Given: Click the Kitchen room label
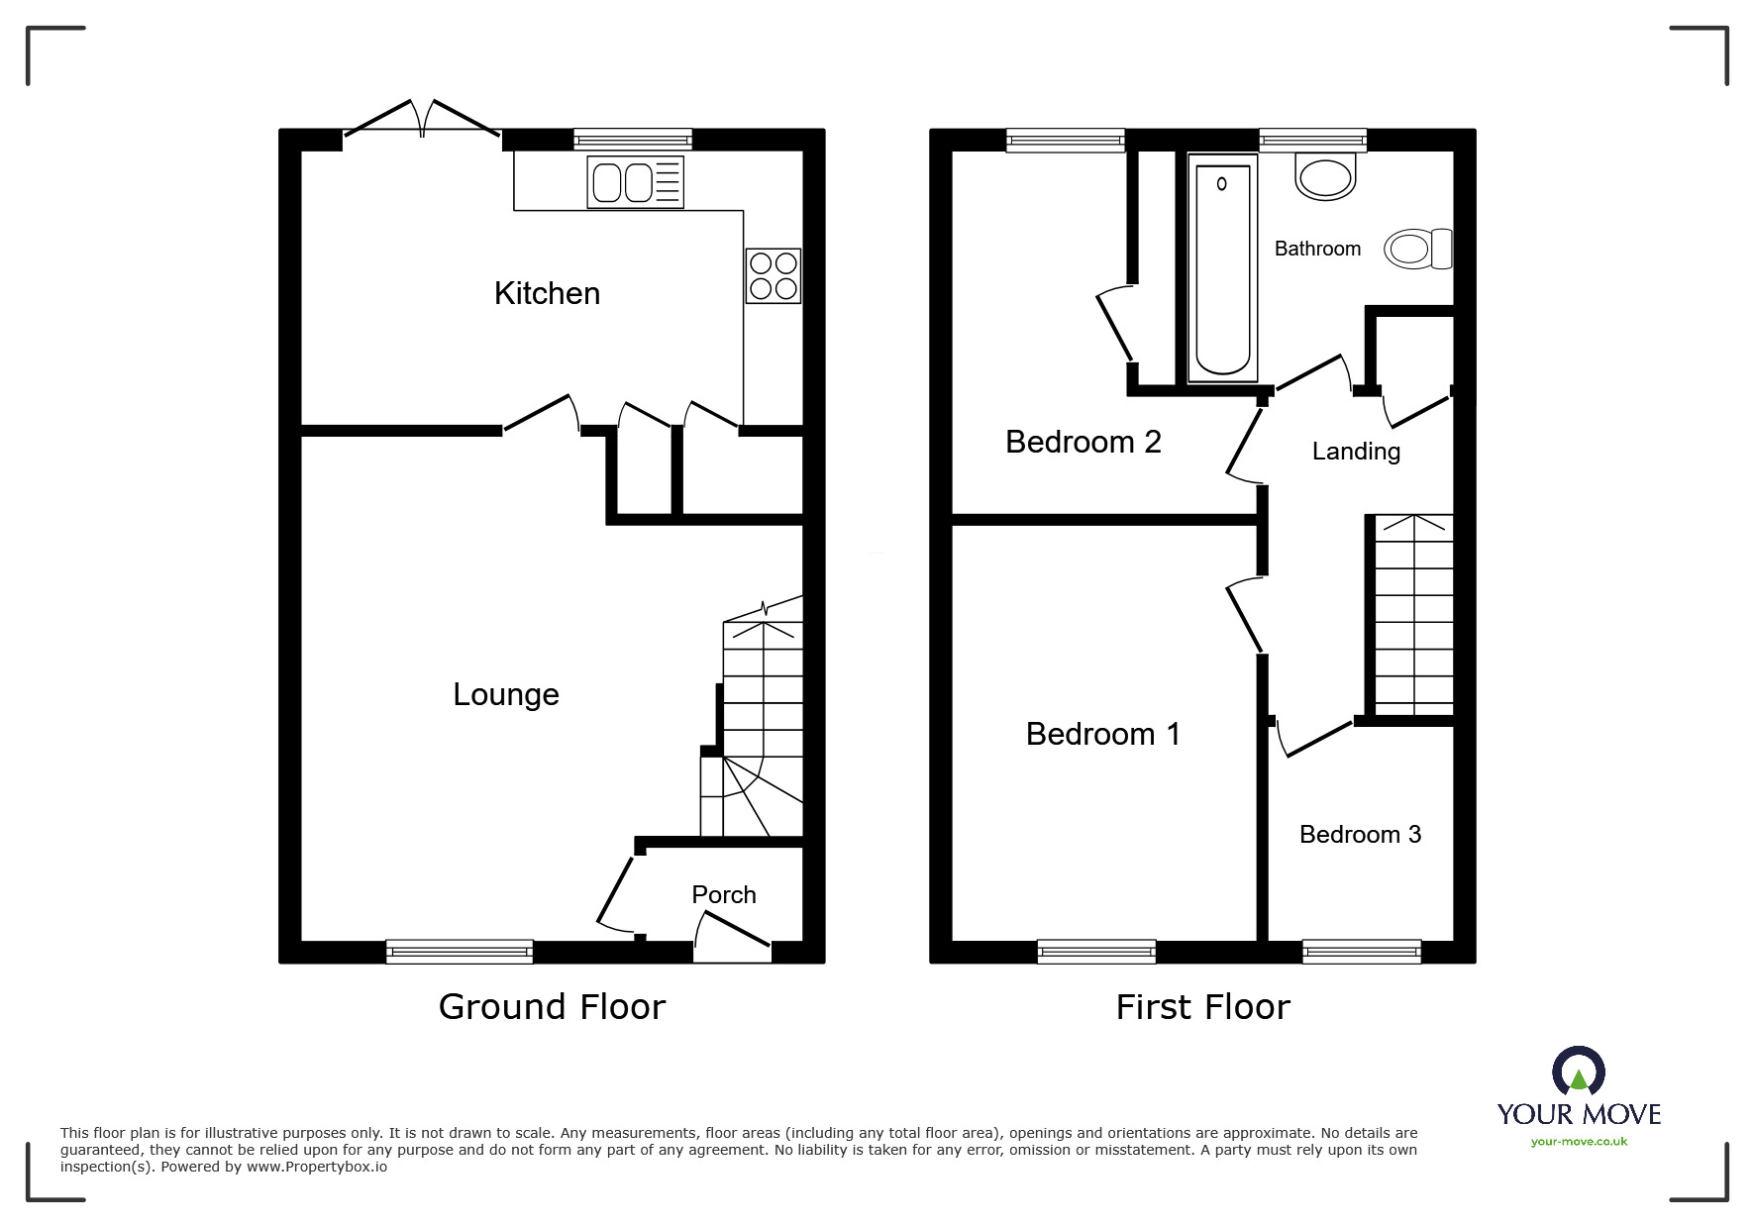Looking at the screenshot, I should point(547,293).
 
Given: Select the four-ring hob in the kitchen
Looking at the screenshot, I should point(773,275).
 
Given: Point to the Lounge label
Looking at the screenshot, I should point(505,694).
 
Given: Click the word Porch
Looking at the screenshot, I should point(723,894).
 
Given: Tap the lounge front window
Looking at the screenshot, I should point(459,952).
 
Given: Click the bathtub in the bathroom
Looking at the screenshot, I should point(1222,272).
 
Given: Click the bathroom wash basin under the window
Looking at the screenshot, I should point(1324,178).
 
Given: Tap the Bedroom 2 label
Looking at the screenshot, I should point(1083,442).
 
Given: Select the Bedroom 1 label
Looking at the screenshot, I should point(1102,734).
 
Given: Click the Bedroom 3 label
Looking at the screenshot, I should point(1360,835).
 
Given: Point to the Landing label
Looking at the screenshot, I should point(1355,452).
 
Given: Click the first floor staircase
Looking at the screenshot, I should point(1413,614).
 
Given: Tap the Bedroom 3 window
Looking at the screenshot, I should point(1361,952).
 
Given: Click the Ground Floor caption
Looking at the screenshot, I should point(552,1007).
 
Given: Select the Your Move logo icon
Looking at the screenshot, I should point(1578,1073).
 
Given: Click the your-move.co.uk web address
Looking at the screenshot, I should point(1579,1142).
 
